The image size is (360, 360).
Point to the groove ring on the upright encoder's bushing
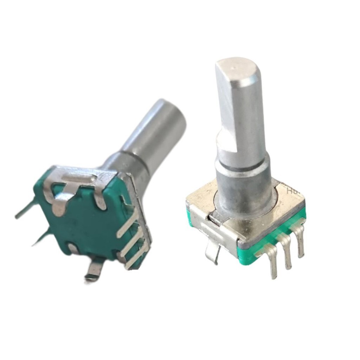click(243, 168)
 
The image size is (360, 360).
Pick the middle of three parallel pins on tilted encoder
click(133, 243)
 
